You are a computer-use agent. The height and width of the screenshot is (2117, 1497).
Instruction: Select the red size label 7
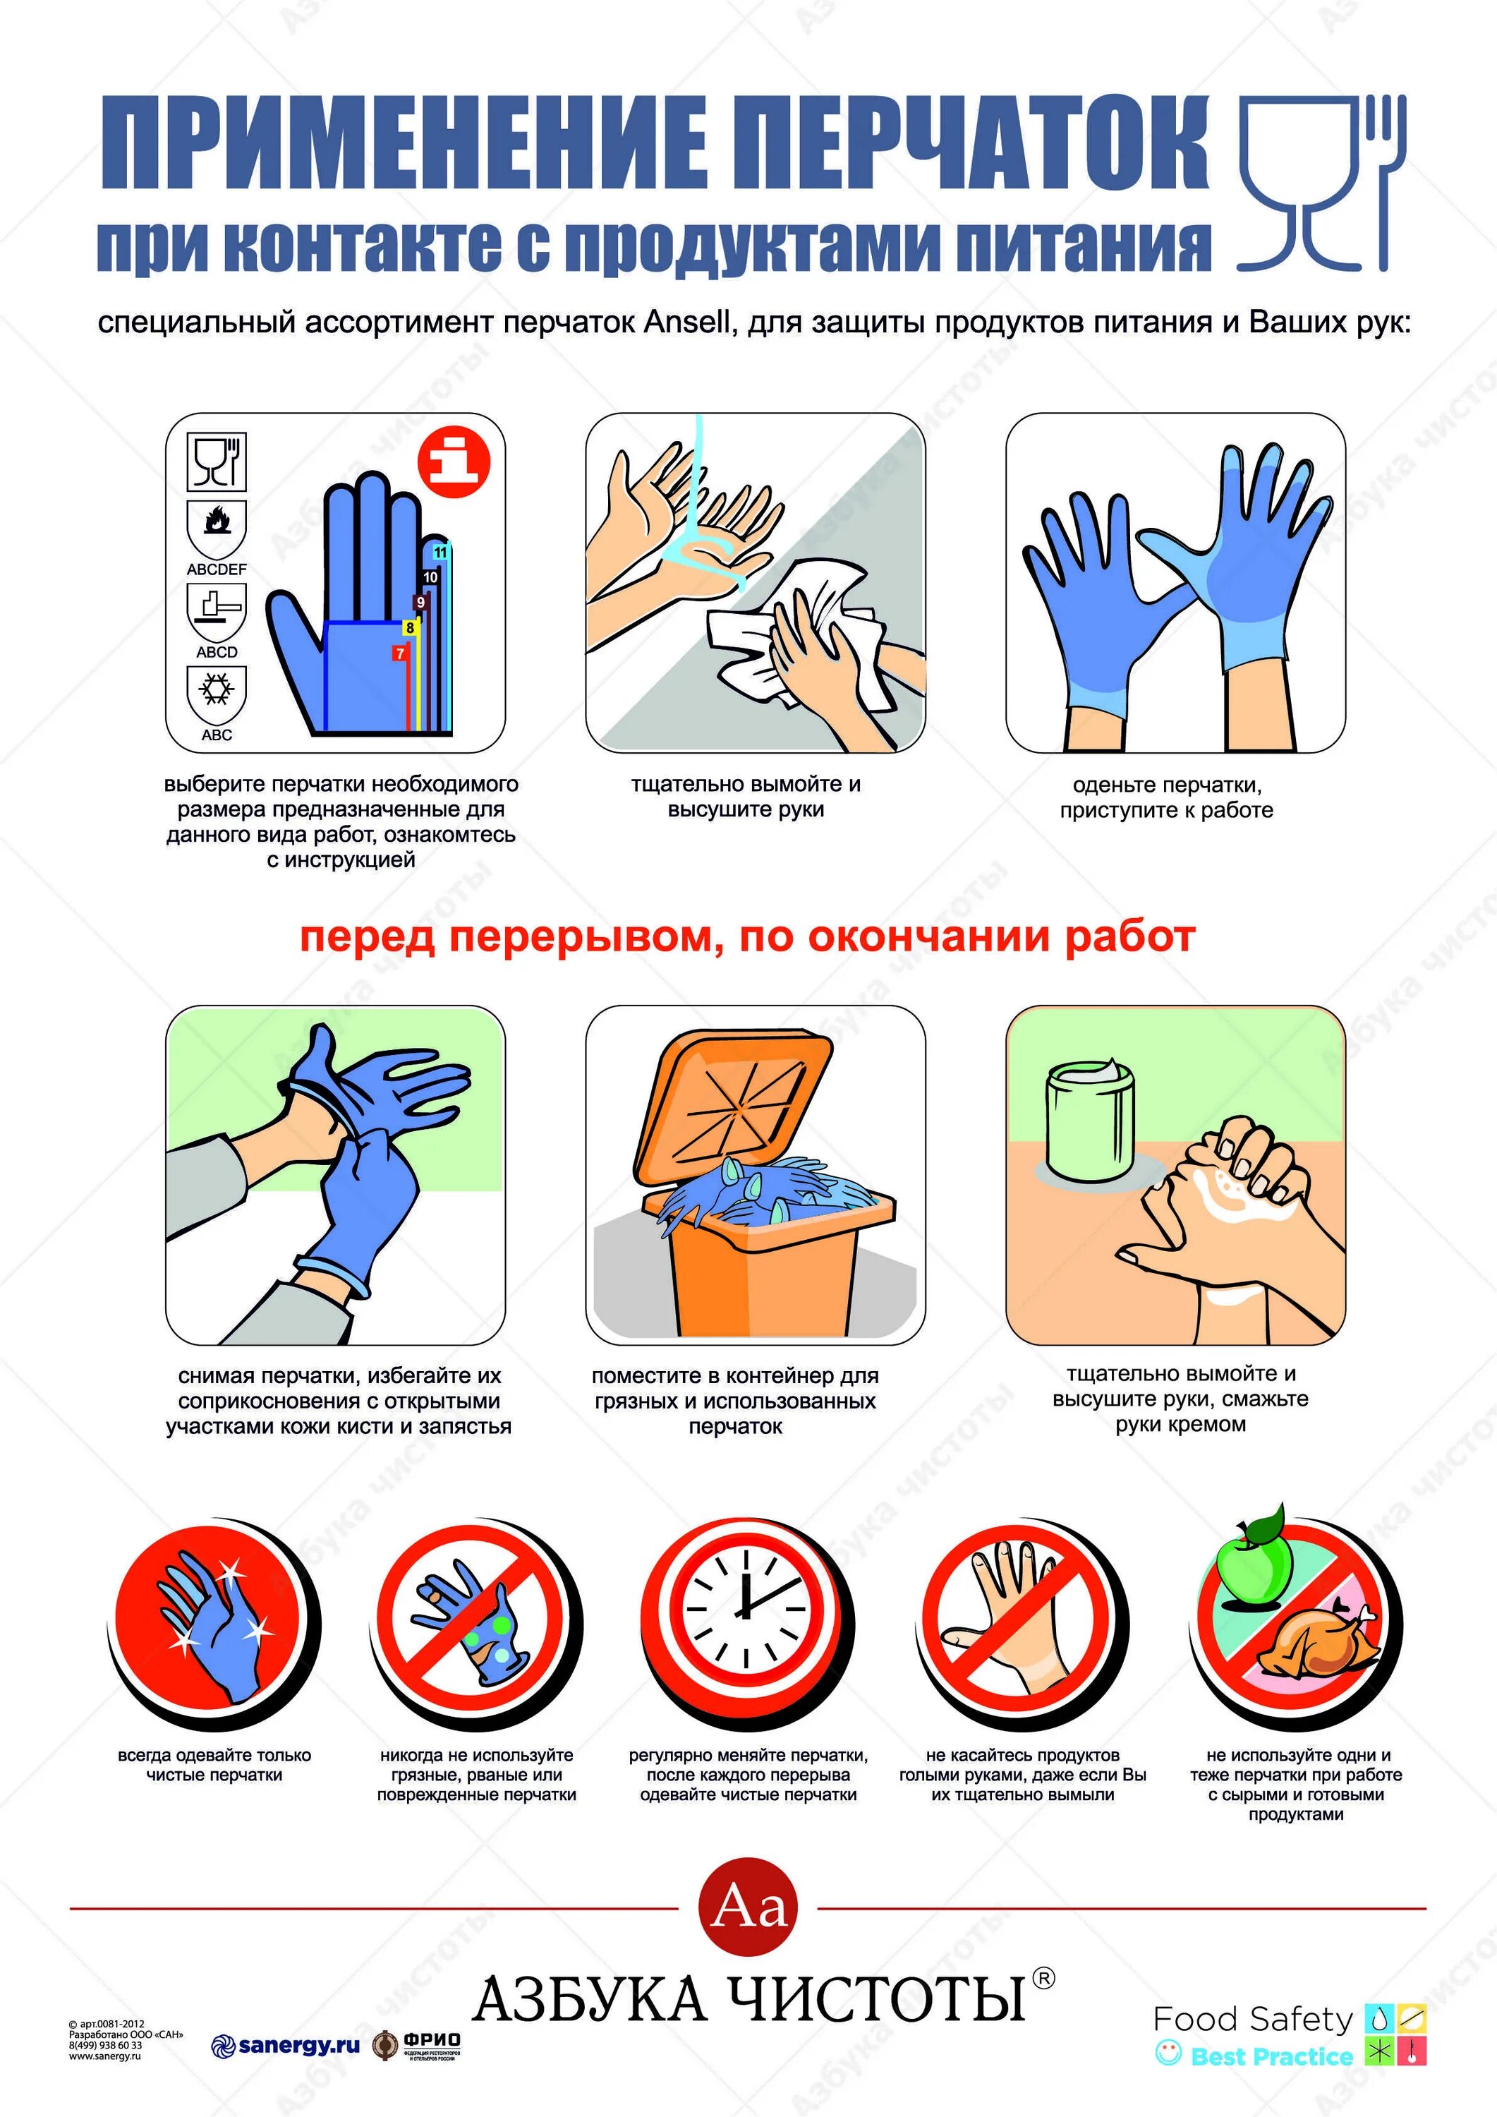pyautogui.click(x=400, y=653)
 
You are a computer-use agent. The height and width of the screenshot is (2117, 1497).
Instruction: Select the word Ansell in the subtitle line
pyautogui.click(x=688, y=322)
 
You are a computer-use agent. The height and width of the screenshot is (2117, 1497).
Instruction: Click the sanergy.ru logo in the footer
pyautogui.click(x=285, y=2046)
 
